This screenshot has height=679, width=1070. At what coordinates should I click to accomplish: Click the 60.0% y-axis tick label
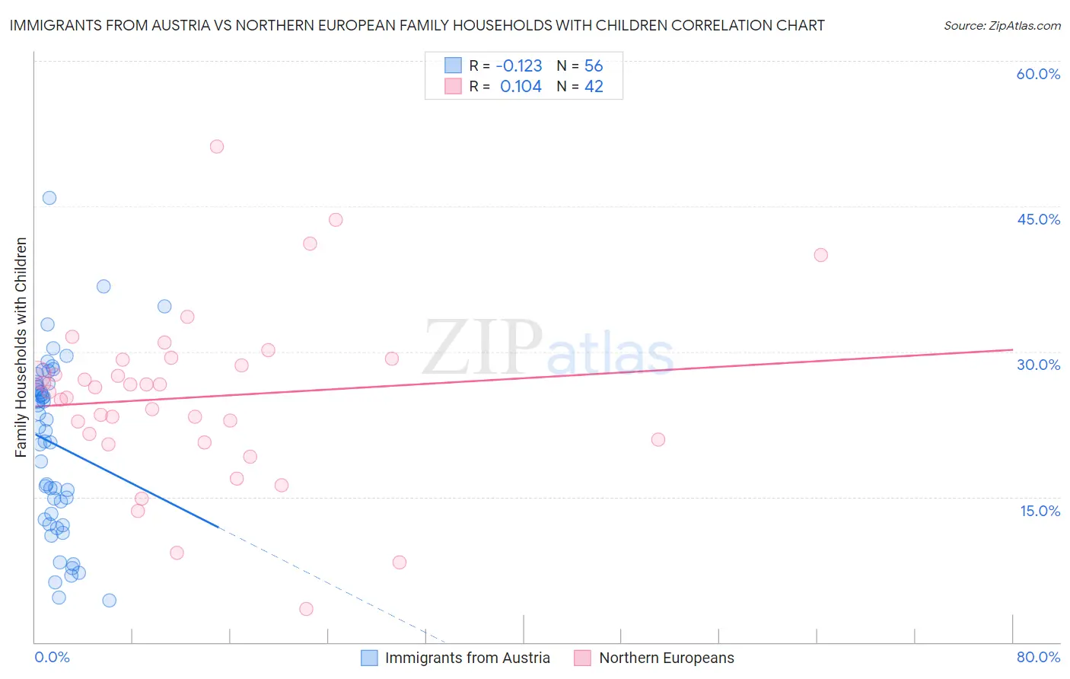pyautogui.click(x=1038, y=74)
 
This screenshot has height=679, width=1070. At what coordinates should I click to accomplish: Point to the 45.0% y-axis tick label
pyautogui.click(x=1038, y=219)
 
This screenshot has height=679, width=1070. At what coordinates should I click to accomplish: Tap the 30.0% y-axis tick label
pyautogui.click(x=1038, y=365)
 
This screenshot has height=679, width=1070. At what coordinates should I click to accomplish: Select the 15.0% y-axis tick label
pyautogui.click(x=1040, y=511)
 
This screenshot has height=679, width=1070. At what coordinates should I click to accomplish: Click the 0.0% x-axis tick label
pyautogui.click(x=52, y=657)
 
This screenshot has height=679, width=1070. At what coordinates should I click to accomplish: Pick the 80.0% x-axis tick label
pyautogui.click(x=1038, y=657)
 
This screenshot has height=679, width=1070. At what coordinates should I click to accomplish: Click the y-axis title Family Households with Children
pyautogui.click(x=21, y=347)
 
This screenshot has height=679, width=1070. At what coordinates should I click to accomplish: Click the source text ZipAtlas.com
pyautogui.click(x=1002, y=26)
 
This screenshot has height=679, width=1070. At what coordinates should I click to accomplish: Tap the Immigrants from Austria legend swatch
pyautogui.click(x=369, y=658)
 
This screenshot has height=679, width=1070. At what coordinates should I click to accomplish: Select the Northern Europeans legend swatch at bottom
pyautogui.click(x=583, y=658)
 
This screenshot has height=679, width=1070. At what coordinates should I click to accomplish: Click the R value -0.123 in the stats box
pyautogui.click(x=519, y=65)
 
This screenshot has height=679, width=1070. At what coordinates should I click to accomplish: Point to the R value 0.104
pyautogui.click(x=521, y=87)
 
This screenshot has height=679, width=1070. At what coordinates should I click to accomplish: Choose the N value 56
pyautogui.click(x=594, y=65)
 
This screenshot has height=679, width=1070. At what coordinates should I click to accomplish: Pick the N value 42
pyautogui.click(x=594, y=87)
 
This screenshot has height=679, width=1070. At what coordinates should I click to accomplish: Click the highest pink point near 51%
pyautogui.click(x=217, y=147)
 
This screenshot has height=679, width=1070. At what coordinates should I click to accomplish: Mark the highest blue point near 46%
pyautogui.click(x=49, y=198)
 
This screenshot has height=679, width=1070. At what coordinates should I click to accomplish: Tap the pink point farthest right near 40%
pyautogui.click(x=820, y=255)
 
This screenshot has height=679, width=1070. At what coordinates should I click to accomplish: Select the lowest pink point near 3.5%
pyautogui.click(x=306, y=609)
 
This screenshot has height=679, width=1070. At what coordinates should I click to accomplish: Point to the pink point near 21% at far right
pyautogui.click(x=658, y=439)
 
